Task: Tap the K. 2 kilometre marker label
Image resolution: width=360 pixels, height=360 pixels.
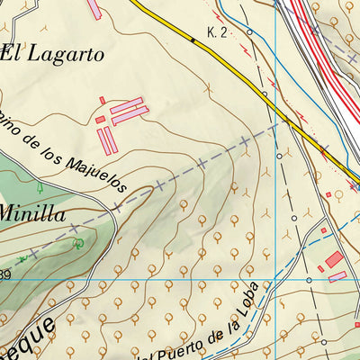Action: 217,32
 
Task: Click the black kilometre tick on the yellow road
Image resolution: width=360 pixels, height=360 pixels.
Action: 193,40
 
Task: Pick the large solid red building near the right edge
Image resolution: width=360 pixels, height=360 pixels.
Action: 334,259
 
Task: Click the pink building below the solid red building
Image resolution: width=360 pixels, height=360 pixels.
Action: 337,276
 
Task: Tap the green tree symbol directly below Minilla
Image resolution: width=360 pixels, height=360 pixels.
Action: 78,243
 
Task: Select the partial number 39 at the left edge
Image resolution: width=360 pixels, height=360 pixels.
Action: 4,274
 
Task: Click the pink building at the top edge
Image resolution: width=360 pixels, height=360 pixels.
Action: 94,9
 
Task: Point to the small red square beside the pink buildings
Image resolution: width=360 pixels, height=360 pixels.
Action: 102,100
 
